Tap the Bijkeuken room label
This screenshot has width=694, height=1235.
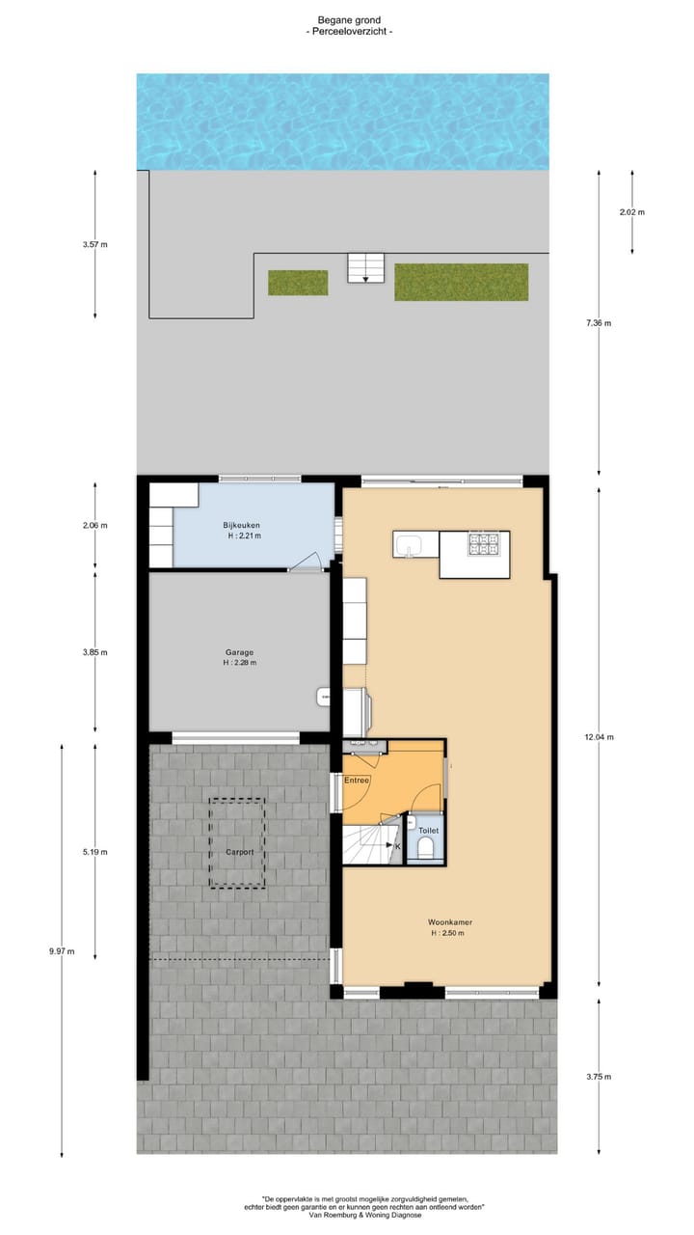coord(244,525)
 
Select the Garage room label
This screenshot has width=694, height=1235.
coord(239,652)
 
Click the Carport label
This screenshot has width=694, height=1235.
coord(239,852)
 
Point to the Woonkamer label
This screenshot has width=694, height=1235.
coord(450,922)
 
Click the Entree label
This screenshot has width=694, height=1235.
coord(358,780)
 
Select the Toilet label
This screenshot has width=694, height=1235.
coord(428,830)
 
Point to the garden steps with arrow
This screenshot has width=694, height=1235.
coord(365,268)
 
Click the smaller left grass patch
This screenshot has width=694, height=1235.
coord(298,283)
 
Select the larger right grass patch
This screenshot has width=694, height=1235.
coord(461,282)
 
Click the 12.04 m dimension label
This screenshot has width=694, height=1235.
coord(599,737)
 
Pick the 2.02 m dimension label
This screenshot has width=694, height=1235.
coord(631,212)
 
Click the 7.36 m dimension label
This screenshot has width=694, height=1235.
coord(599,323)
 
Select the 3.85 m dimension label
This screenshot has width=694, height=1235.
coord(95,652)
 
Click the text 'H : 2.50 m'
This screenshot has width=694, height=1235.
coord(450,933)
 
